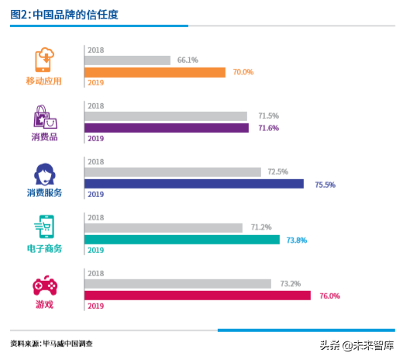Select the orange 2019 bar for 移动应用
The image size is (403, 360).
(x=154, y=72)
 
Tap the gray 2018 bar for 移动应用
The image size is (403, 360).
(x=127, y=60)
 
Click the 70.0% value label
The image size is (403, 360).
(x=243, y=72)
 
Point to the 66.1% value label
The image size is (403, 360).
(x=188, y=60)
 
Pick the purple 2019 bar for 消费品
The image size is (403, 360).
(x=166, y=128)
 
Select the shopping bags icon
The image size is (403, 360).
(x=43, y=118)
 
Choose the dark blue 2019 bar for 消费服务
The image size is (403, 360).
(x=194, y=184)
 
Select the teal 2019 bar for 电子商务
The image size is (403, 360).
(x=181, y=240)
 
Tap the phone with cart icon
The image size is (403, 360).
(x=43, y=228)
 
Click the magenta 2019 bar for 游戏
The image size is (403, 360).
(x=197, y=296)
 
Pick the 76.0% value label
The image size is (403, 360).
(x=329, y=296)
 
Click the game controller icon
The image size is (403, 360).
(x=43, y=286)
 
